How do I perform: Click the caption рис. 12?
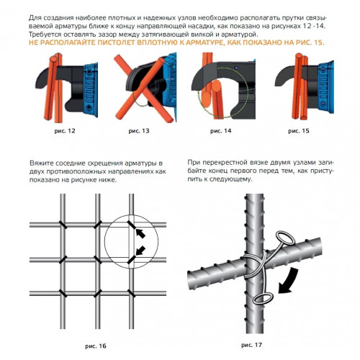65,131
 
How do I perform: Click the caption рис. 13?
139,131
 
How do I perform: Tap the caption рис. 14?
221,131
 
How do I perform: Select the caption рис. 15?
299,131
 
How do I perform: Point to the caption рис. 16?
96,346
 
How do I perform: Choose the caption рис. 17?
251,345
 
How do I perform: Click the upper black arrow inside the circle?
140,233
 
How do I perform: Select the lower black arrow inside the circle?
140,251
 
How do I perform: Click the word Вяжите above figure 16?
42,163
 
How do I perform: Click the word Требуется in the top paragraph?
42,35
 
